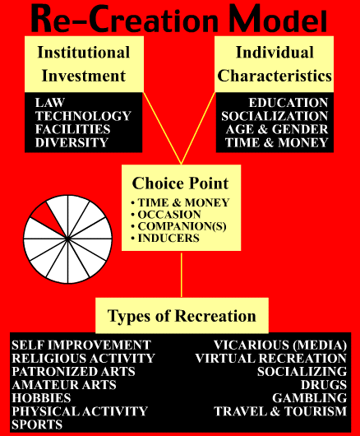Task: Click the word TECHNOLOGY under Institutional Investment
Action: click(x=83, y=116)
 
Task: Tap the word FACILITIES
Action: click(x=72, y=129)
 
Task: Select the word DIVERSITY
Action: click(x=72, y=142)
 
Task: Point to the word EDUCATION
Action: click(x=288, y=103)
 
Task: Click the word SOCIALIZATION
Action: click(x=275, y=116)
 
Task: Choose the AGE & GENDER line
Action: click(x=277, y=129)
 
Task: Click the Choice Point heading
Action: click(x=180, y=183)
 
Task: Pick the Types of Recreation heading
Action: click(x=182, y=316)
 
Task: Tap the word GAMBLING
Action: click(x=309, y=398)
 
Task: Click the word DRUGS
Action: click(x=324, y=385)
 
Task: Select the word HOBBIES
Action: click(x=41, y=398)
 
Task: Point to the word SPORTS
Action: click(x=37, y=424)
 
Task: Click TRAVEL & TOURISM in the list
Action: click(x=280, y=411)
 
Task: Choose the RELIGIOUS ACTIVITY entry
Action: click(x=83, y=359)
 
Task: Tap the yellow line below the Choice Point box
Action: click(x=182, y=274)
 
